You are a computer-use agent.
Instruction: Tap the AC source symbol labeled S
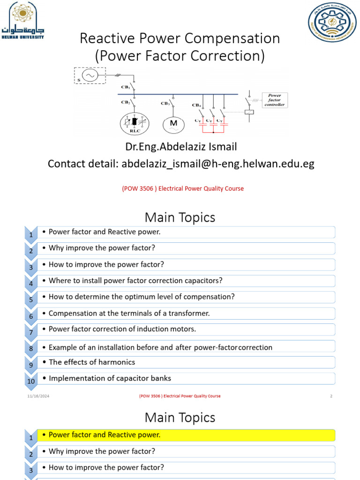[90, 75]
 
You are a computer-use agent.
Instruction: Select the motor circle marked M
[174, 124]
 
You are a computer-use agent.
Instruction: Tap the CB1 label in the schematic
[126, 87]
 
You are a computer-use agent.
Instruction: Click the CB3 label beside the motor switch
[165, 104]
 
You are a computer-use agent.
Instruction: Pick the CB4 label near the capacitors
[196, 105]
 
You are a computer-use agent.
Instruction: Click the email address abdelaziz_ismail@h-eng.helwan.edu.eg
[218, 164]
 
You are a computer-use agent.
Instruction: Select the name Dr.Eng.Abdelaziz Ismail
[181, 147]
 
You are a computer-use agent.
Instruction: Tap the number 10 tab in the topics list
[31, 382]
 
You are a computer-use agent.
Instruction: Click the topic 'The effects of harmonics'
[92, 362]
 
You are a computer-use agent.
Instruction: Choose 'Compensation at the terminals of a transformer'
[129, 313]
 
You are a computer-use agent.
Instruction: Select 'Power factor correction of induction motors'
[122, 329]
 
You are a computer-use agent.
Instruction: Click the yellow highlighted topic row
[187, 435]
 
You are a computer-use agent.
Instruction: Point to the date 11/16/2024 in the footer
[38, 396]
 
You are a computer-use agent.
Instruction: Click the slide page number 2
[331, 396]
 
